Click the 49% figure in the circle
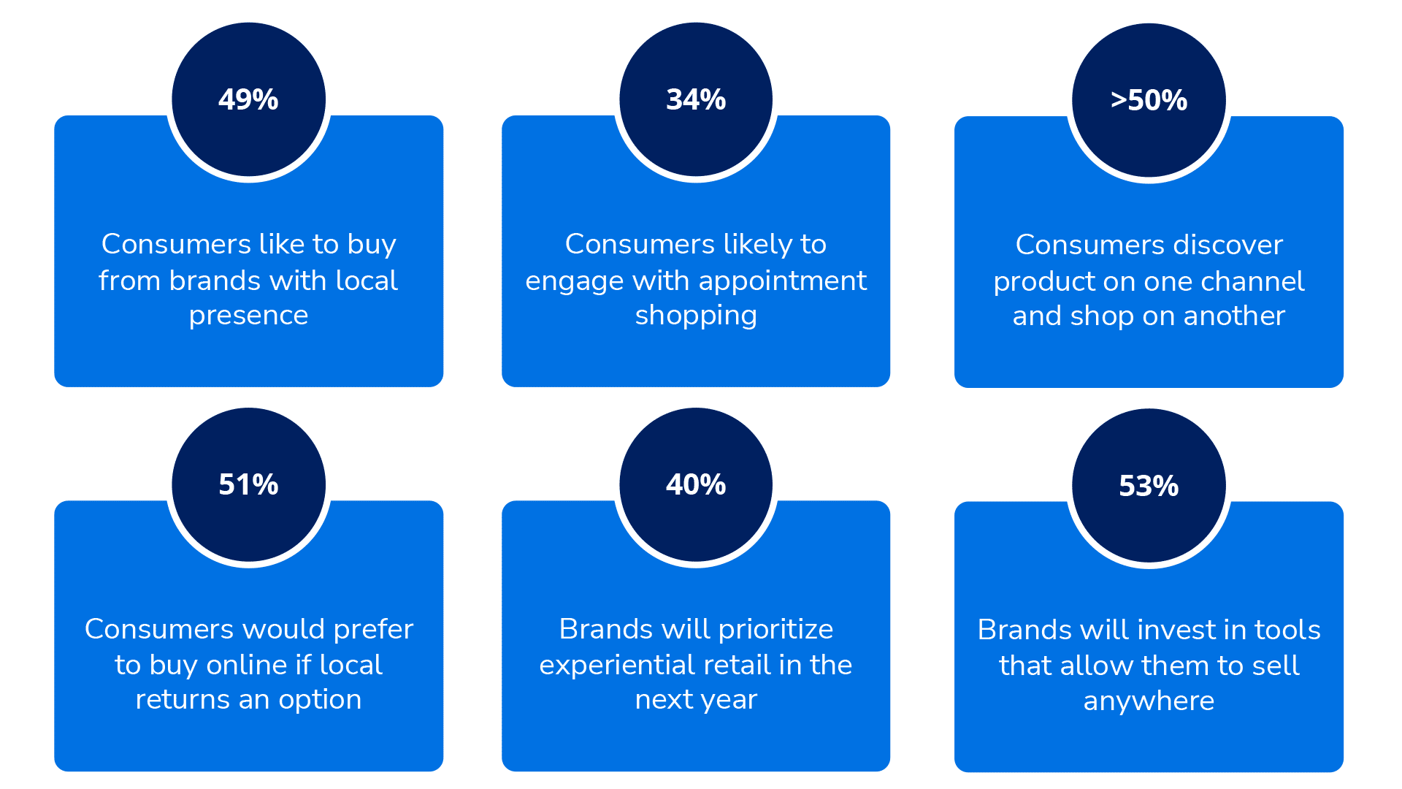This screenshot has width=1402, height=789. pyautogui.click(x=248, y=99)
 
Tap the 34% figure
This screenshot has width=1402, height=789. pyautogui.click(x=696, y=99)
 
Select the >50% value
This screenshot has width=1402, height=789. pyautogui.click(x=1149, y=100)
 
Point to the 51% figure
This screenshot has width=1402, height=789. pyautogui.click(x=248, y=484)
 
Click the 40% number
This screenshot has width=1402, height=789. pyautogui.click(x=696, y=484)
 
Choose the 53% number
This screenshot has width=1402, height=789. pyautogui.click(x=1149, y=486)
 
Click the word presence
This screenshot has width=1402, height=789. pyautogui.click(x=248, y=316)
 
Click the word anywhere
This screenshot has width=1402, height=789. pyautogui.click(x=1149, y=701)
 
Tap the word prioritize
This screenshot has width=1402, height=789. pyautogui.click(x=775, y=629)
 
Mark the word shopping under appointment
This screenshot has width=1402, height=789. pyautogui.click(x=696, y=316)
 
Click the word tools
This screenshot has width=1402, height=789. pyautogui.click(x=1287, y=630)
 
